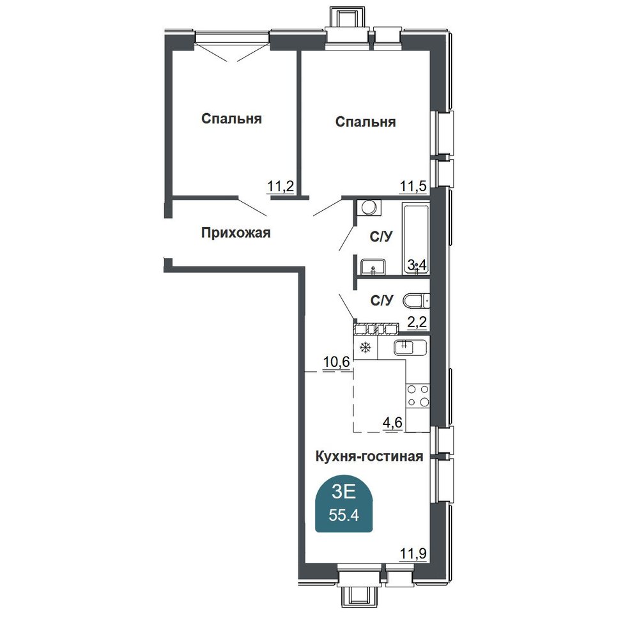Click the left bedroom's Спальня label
point(231,119)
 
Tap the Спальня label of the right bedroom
point(366,122)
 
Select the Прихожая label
point(236,233)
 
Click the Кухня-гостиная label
point(369,456)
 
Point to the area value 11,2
point(281,187)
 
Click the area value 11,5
point(413,187)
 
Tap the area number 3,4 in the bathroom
point(417,265)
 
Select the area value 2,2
point(417,322)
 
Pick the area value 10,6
point(337,362)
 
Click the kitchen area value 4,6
point(392,422)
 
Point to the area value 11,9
point(413,553)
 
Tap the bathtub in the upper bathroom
point(416,238)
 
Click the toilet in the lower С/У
point(416,301)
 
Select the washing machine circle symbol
point(369,208)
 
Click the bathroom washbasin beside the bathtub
point(373,266)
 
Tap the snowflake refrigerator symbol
point(366,348)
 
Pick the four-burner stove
point(418,396)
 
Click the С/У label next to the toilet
point(381,300)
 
